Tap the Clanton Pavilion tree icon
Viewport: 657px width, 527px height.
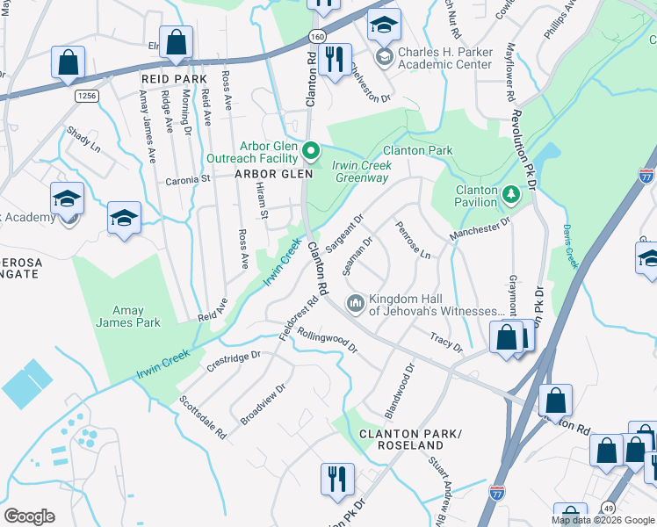[510, 191]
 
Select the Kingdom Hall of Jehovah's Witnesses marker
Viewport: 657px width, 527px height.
[355, 304]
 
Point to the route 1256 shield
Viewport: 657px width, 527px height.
[84, 96]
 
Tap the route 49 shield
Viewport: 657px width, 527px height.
[608, 507]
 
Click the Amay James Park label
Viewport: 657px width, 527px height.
[128, 316]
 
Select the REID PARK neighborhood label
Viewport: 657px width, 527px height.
[173, 79]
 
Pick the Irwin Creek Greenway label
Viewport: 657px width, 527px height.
[361, 171]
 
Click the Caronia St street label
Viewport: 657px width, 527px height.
[188, 178]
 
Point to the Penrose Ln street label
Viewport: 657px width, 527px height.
[412, 240]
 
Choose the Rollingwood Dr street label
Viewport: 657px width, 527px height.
[328, 340]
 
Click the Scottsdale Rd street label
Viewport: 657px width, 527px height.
[203, 416]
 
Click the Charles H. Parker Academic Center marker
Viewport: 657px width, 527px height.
[384, 58]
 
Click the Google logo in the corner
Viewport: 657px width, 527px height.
[29, 516]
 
